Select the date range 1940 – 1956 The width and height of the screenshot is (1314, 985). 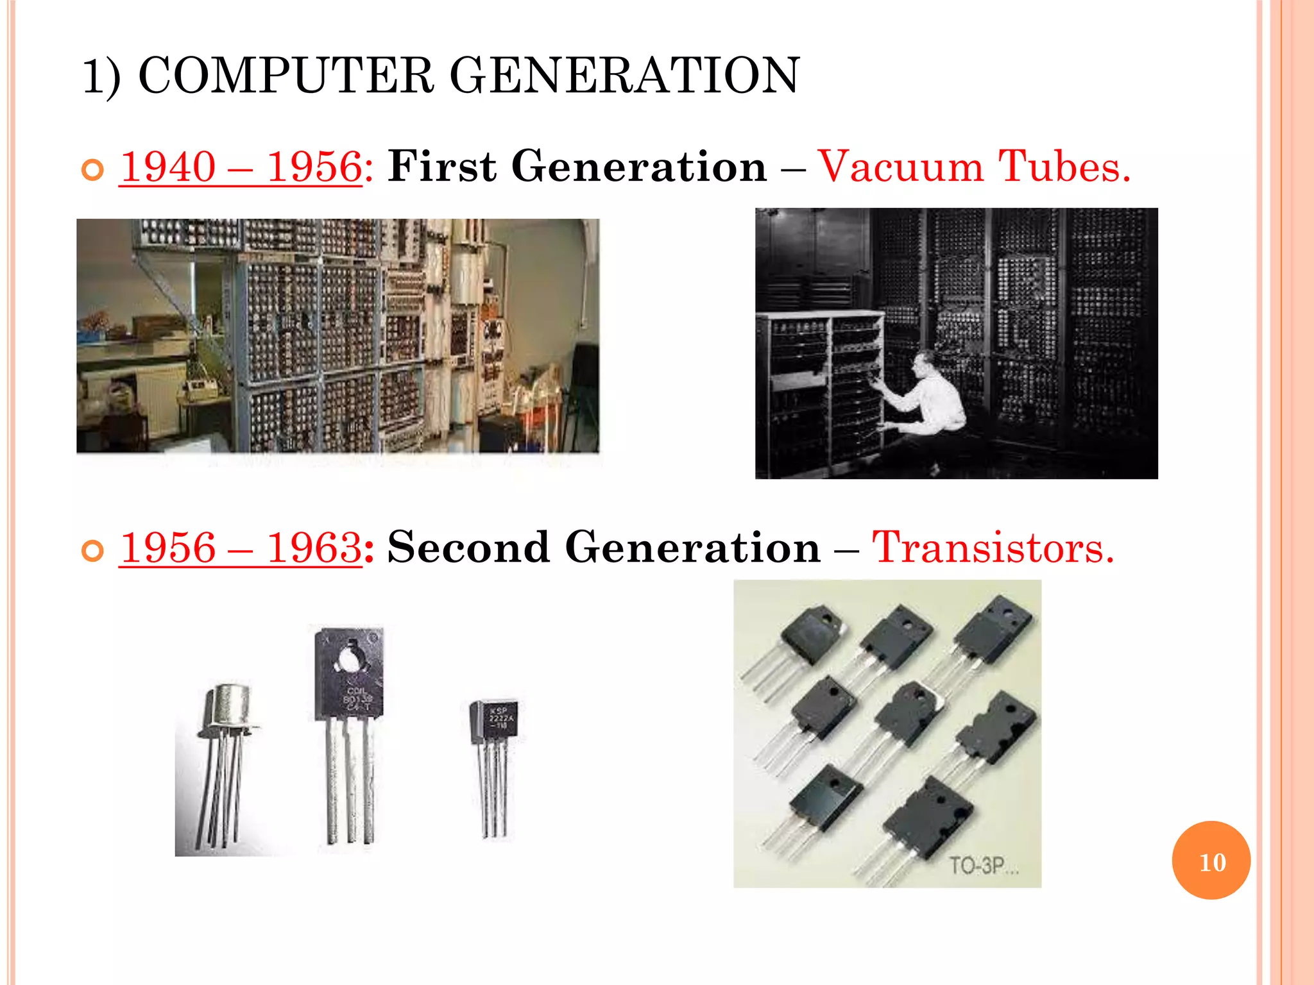pos(241,167)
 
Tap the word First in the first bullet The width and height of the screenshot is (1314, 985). pos(442,167)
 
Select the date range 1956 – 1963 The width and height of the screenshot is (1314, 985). pos(241,548)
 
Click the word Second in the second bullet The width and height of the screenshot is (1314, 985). pos(468,548)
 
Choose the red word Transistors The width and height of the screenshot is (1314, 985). pos(993,548)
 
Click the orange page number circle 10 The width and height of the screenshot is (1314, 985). pos(1211,861)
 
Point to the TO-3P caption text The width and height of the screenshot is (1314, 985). pos(982,866)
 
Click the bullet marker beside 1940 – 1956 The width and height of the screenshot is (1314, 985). pos(93,170)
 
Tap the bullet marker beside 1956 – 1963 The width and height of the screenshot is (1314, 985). pos(93,551)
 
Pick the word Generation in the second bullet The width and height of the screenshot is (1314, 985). pos(693,548)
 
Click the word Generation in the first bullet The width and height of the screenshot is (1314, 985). pos(639,167)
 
